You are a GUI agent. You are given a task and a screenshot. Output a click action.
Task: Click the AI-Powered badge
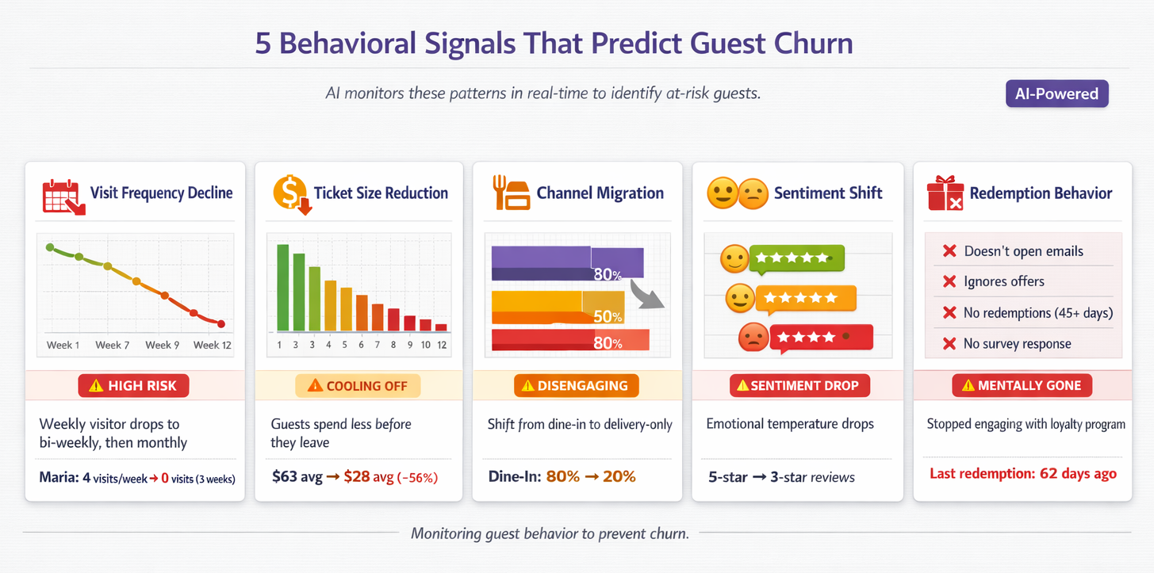pos(1056,94)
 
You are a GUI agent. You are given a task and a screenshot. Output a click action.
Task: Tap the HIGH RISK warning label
pos(132,386)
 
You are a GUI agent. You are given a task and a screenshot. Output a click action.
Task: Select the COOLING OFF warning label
pos(358,386)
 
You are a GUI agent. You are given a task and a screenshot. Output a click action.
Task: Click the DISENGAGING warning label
pos(577,386)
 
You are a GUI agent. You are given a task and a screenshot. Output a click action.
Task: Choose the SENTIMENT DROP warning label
pos(799,386)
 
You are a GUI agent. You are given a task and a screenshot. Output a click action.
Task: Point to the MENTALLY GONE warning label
pos(1022,386)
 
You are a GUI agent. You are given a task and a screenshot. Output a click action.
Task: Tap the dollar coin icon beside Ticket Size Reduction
pos(289,193)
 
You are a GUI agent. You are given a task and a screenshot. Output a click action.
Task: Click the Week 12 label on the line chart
pos(212,345)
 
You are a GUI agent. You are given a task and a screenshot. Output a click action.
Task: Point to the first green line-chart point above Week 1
pos(50,247)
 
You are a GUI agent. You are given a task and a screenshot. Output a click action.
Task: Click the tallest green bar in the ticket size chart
pos(282,287)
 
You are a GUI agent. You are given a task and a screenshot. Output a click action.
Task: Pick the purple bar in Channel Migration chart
pos(566,262)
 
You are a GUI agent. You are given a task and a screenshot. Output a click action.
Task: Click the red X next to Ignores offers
pos(949,281)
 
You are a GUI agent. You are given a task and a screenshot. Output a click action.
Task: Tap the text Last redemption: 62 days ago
pos(1022,474)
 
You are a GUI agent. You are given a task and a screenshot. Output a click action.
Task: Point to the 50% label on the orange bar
pos(607,316)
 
